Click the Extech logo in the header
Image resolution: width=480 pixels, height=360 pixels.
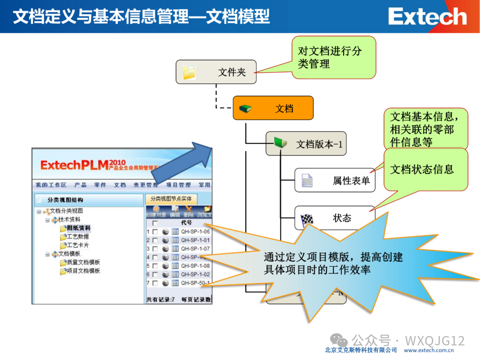click(427, 17)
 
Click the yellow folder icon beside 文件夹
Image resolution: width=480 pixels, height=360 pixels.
click(190, 72)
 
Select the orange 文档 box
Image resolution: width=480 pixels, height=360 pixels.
click(273, 108)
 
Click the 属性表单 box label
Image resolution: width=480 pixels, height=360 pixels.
click(351, 181)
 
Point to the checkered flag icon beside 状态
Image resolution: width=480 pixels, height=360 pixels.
click(307, 219)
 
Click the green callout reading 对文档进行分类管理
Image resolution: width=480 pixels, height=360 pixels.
click(334, 57)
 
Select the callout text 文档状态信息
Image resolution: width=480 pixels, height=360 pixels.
click(422, 169)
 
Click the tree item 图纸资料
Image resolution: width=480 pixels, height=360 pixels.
click(78, 228)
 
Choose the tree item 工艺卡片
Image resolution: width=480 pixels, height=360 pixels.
click(78, 245)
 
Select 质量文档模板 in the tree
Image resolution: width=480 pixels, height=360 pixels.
click(83, 263)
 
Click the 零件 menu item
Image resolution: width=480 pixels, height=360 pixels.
click(100, 185)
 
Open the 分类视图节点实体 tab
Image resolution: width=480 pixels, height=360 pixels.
click(171, 199)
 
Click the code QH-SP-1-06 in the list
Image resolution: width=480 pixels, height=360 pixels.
click(195, 232)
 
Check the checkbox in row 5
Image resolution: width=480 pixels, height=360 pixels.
click(155, 266)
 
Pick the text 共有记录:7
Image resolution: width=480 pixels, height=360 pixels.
click(160, 300)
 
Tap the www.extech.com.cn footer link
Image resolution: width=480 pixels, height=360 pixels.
click(428, 350)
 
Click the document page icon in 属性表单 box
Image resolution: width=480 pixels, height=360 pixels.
click(307, 180)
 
